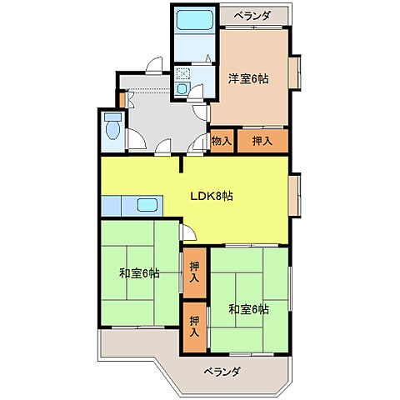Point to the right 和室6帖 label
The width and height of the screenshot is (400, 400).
point(248,308)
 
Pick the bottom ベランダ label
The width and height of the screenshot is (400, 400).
point(221,371)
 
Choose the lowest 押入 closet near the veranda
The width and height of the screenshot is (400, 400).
point(194,325)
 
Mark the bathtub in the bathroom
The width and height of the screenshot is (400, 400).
point(195,21)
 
